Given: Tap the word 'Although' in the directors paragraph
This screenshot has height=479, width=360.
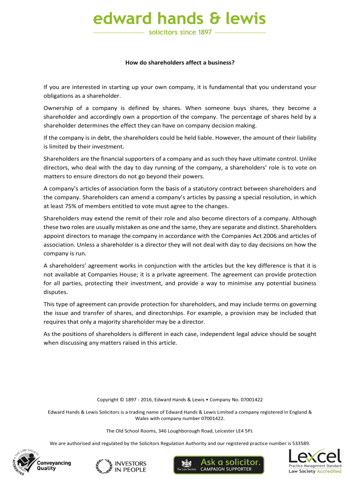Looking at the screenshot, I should [304, 218].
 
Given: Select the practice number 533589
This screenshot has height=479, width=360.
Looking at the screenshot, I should [300, 443].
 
